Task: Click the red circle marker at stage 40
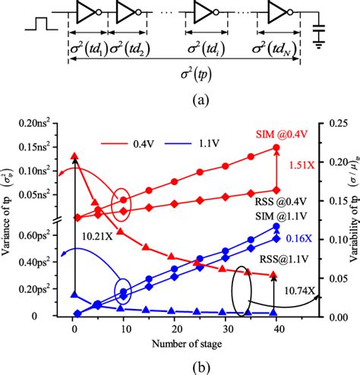coord(276,148)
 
